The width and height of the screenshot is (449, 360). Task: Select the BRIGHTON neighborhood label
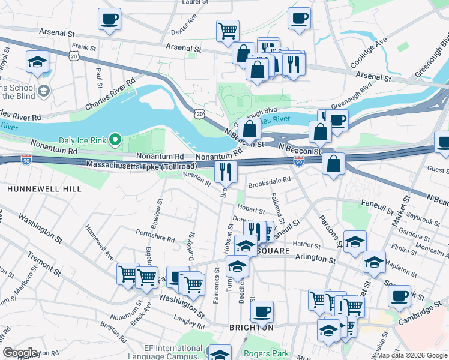coord(251,328)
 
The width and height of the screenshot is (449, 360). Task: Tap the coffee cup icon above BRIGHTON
coord(262,311)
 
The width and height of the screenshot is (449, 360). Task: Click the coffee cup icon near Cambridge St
coord(399,295)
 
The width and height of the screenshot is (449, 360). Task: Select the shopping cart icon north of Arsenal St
coord(228,30)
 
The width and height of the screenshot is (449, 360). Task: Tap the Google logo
coord(20,353)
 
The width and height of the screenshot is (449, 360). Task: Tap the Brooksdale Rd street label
coord(270,179)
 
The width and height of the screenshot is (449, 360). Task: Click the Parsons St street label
coord(330,232)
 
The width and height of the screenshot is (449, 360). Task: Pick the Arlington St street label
coord(315,259)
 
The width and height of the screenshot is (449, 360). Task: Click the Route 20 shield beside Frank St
coord(73,55)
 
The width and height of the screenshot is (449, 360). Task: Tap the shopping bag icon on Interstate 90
coord(333,163)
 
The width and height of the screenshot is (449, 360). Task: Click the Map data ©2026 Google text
coord(411,355)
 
